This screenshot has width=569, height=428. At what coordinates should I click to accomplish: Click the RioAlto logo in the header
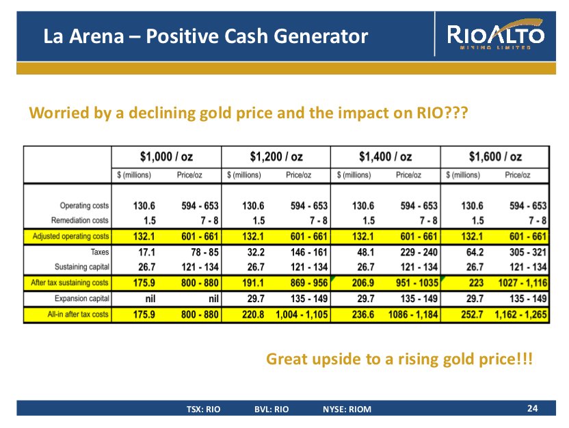[x=496, y=36]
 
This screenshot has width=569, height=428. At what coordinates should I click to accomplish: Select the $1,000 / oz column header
[x=166, y=157]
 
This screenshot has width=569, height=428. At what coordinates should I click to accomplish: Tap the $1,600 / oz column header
[x=495, y=157]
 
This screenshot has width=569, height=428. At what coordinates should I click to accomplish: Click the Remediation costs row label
[x=79, y=221]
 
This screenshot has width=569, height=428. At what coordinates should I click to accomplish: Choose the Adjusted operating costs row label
[x=70, y=237]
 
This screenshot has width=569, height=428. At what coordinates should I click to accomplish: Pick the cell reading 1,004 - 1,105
[x=302, y=315]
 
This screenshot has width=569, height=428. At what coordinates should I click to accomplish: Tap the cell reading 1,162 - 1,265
[x=520, y=315]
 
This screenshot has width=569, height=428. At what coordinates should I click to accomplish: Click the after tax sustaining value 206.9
[x=362, y=282]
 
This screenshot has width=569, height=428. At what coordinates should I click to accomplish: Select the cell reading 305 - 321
[x=529, y=252]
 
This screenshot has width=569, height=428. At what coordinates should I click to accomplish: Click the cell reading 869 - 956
[x=308, y=282]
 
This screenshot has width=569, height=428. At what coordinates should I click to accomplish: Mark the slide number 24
[x=533, y=408]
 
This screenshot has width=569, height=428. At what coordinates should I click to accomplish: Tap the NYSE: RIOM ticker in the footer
[x=347, y=410]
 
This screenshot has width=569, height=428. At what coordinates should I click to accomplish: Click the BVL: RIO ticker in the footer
[x=272, y=410]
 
